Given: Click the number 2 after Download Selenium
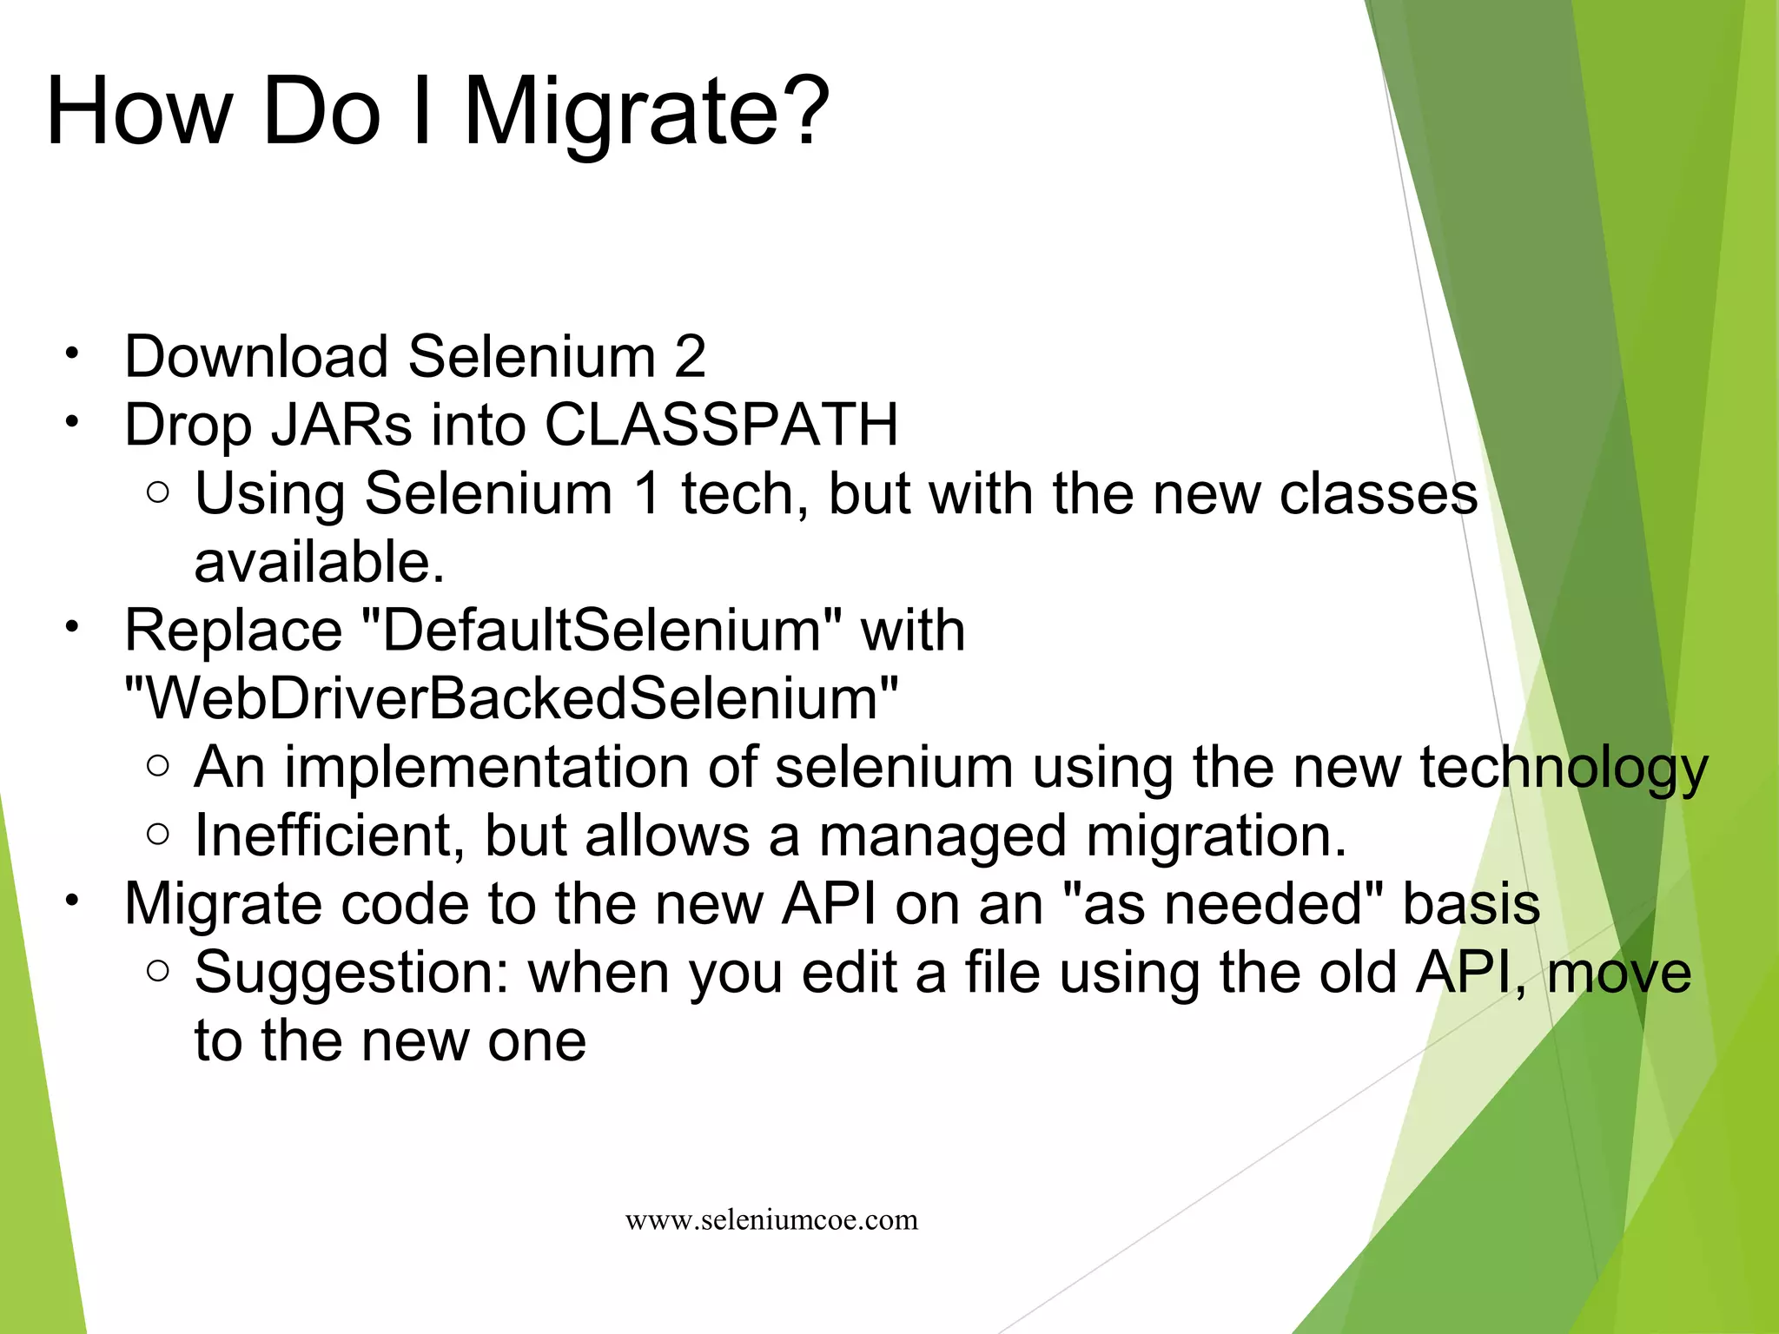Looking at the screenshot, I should pos(690,357).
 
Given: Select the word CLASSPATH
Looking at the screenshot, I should pos(721,426).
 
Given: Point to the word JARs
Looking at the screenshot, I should pos(341,426).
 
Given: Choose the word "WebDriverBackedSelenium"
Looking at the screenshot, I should pos(512,698).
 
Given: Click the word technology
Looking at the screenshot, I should pos(1564,768).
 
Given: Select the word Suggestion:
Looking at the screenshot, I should pos(351,973).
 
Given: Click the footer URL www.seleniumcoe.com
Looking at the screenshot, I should pos(771,1220).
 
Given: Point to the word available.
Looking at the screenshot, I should pos(319,562).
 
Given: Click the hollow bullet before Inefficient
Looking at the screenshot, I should pos(158,835).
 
